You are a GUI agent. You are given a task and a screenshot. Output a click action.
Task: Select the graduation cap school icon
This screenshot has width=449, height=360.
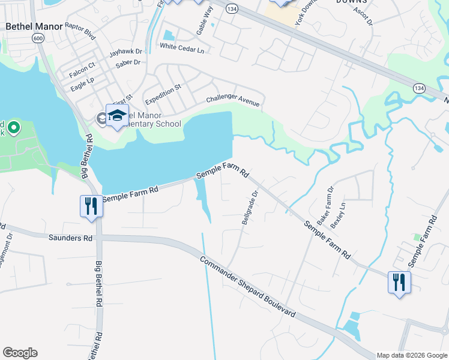(x=117, y=115)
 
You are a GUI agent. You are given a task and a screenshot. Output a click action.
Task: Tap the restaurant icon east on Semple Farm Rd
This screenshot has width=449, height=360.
(x=399, y=282)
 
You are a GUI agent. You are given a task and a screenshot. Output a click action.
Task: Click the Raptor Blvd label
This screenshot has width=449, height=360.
(x=80, y=31)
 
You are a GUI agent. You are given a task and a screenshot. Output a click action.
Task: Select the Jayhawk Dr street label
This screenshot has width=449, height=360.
(x=125, y=52)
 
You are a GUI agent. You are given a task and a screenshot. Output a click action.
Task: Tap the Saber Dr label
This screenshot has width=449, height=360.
(x=128, y=62)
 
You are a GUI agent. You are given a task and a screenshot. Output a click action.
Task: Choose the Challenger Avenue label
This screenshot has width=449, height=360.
(x=233, y=101)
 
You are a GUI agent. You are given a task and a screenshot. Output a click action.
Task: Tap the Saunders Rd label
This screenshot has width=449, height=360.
(x=71, y=238)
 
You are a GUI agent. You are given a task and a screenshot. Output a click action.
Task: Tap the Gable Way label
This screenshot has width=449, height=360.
(x=205, y=20)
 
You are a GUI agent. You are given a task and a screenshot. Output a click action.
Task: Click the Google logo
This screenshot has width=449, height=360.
(x=20, y=353)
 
